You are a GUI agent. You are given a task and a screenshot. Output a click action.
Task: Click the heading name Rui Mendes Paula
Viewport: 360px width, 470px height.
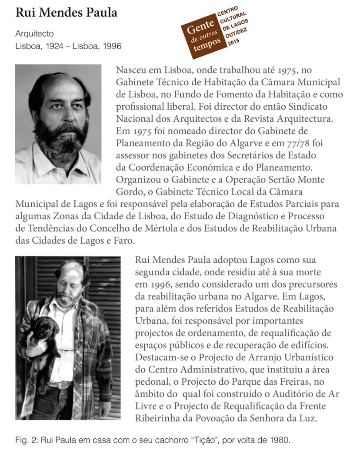click(66, 13)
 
